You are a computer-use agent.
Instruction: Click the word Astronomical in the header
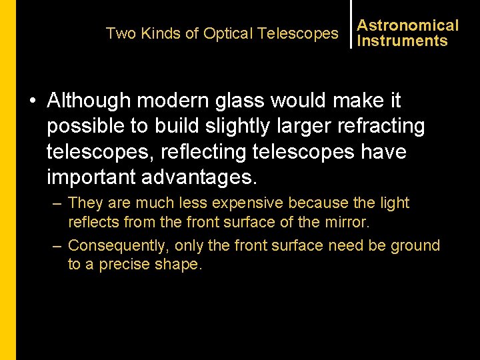[408, 25]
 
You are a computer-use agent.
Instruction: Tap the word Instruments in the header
[402, 41]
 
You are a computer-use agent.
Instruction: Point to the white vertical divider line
[351, 25]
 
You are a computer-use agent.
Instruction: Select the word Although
[89, 101]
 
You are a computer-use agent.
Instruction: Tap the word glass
[257, 101]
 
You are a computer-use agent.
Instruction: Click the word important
[91, 177]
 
